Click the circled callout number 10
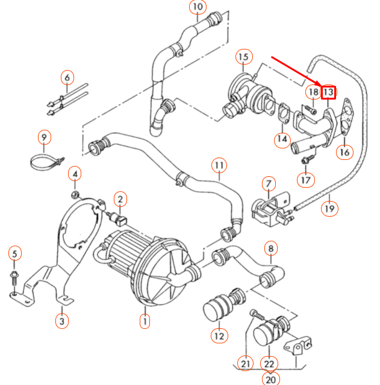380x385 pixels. coord(197,8)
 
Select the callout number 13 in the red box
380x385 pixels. coord(328,92)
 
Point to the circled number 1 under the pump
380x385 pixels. coord(145,321)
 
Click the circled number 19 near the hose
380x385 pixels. coord(329,208)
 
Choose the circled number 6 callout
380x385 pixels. coord(67,77)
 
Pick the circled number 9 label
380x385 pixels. coord(43,138)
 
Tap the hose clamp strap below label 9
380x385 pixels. coord(45,162)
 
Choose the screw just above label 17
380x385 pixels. coord(307,159)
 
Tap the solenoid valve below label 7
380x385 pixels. coord(267,208)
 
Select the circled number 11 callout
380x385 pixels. coord(219,165)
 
